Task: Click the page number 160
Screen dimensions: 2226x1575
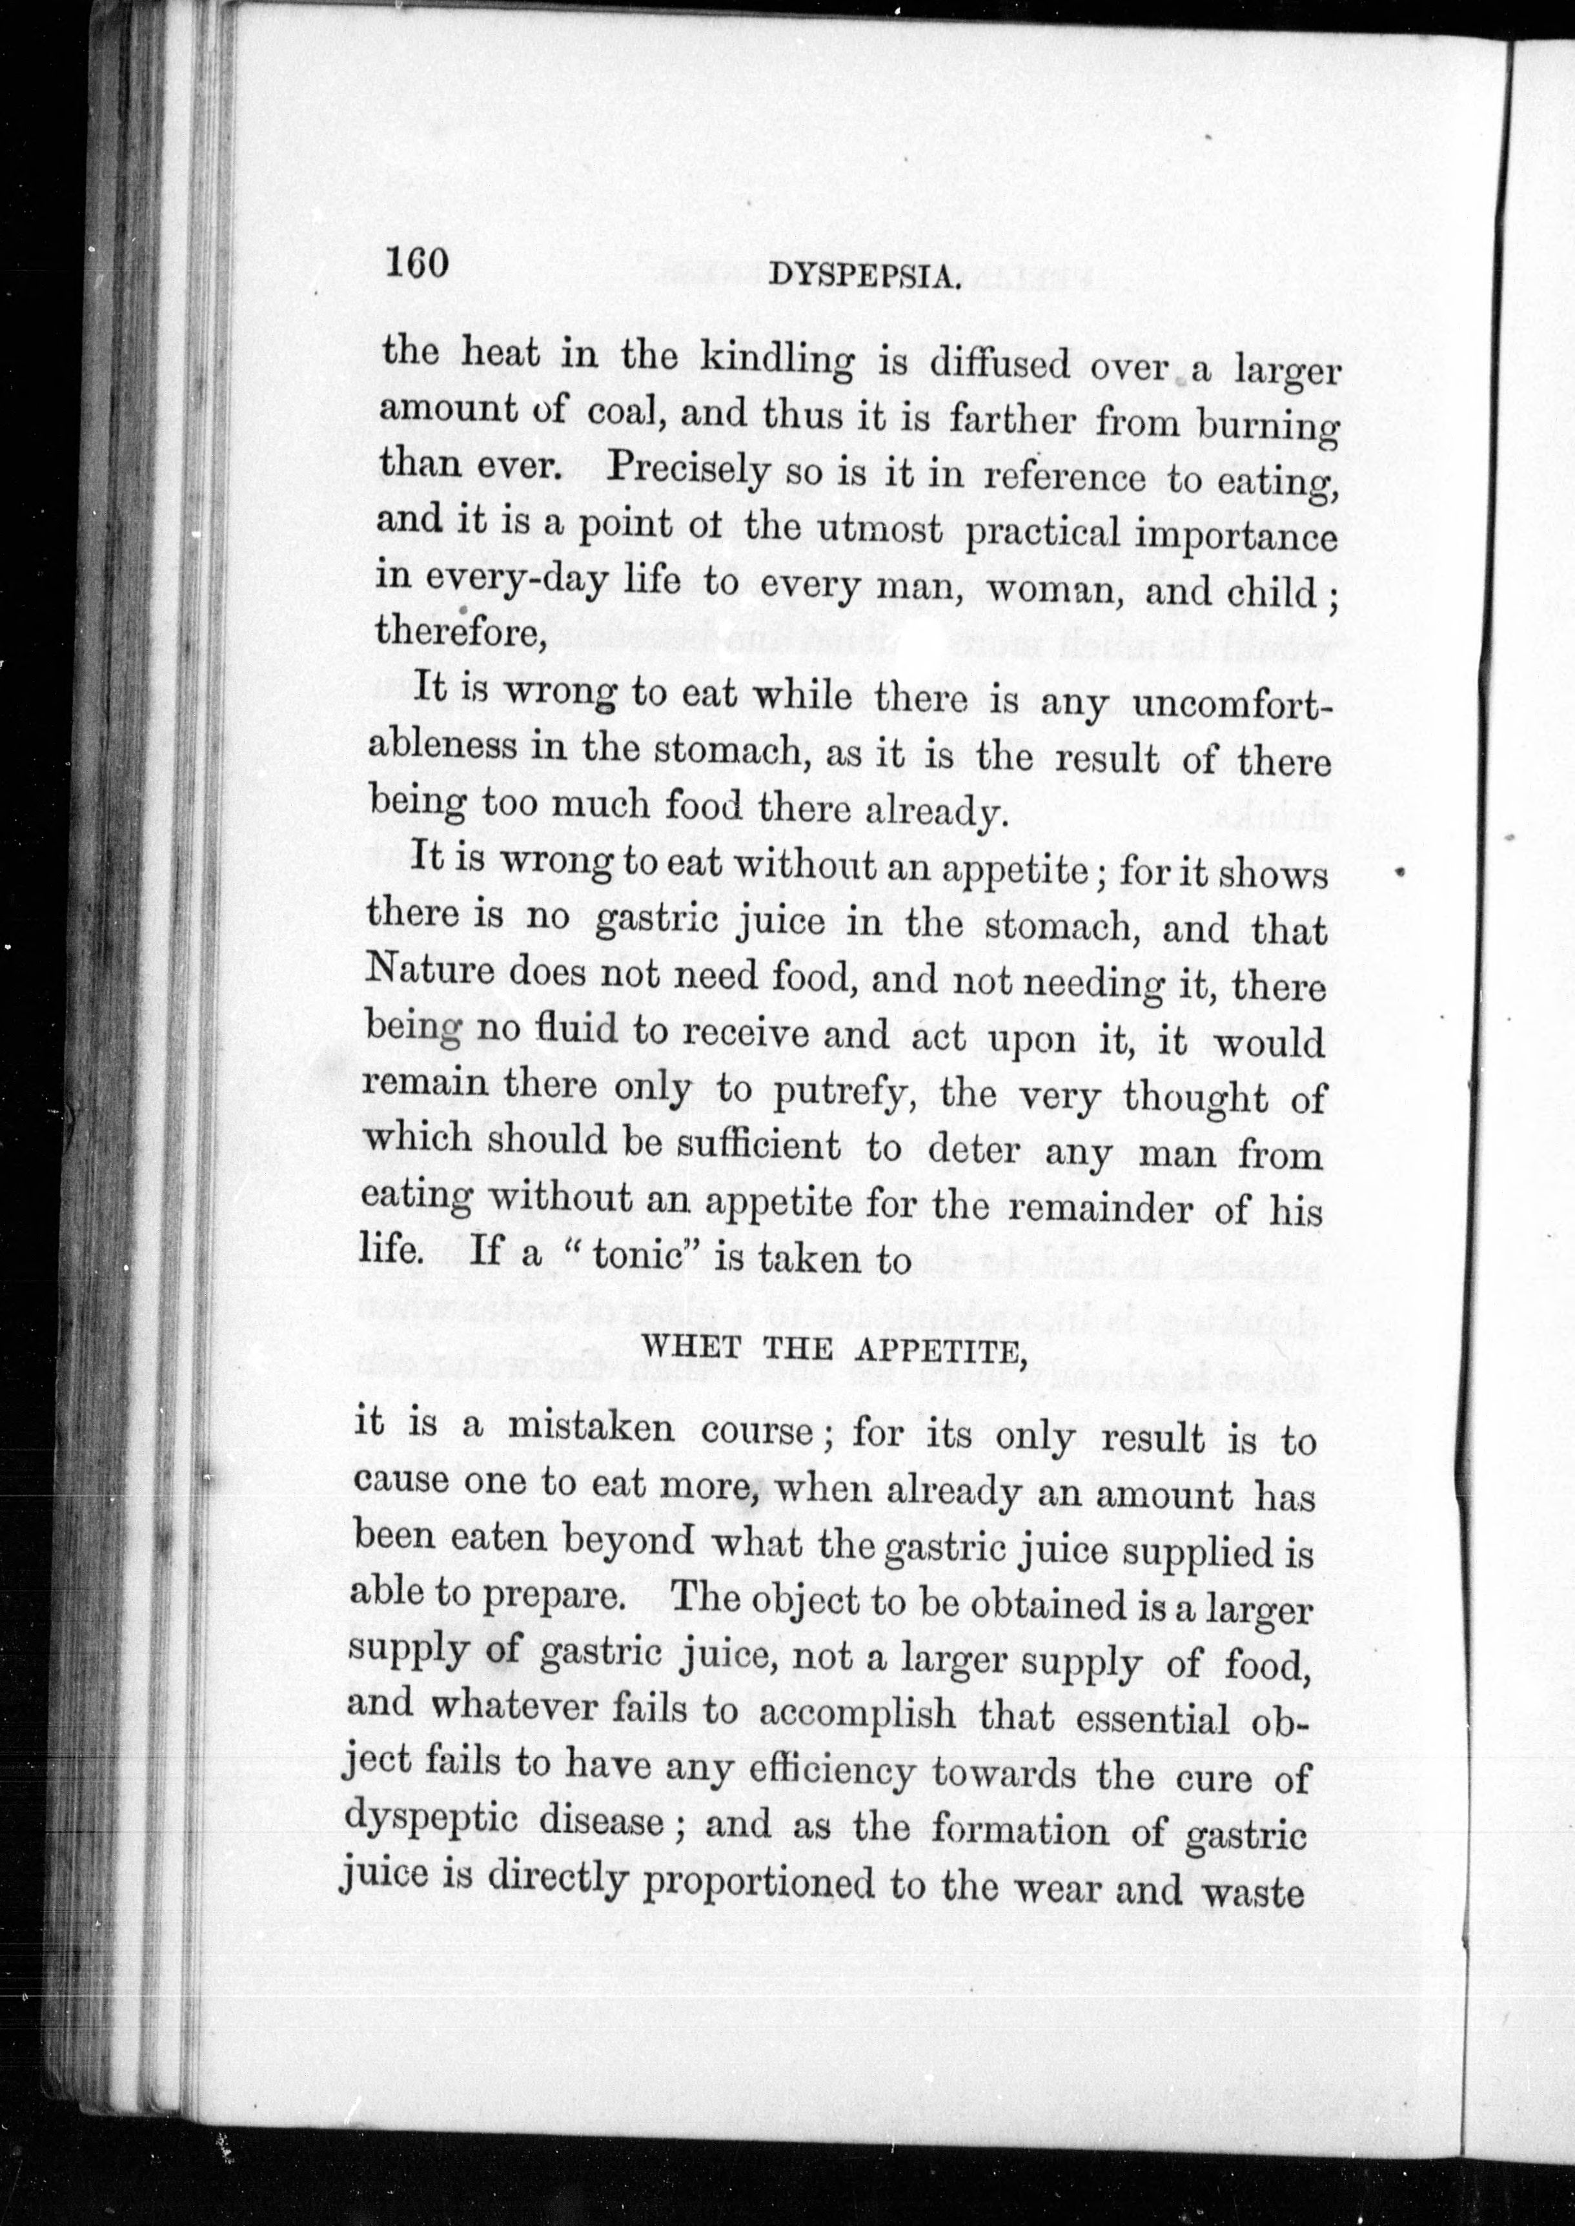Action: (x=416, y=262)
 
